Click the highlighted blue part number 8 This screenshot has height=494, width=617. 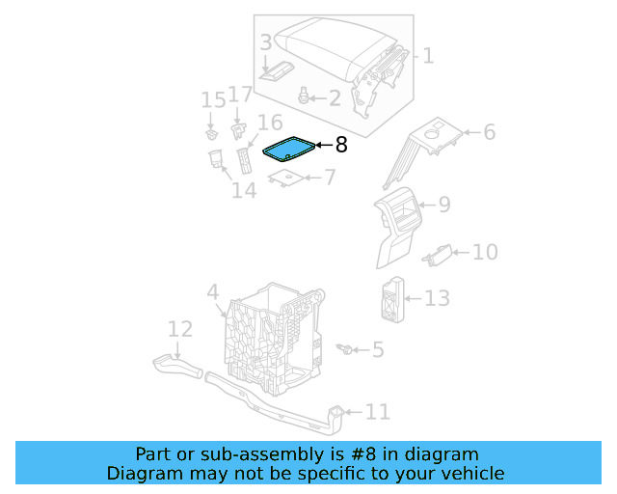(288, 148)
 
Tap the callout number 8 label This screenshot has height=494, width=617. (340, 146)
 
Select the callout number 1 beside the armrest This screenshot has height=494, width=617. (428, 56)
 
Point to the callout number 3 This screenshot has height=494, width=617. (265, 42)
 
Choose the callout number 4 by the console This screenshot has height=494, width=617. (213, 291)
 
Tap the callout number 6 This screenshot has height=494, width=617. (489, 131)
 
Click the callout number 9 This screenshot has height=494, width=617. (443, 204)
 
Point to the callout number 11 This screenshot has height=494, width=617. (378, 412)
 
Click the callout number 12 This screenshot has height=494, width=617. (180, 330)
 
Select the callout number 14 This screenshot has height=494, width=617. (244, 190)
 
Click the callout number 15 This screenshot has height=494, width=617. (213, 99)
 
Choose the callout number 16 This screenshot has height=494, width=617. (270, 123)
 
